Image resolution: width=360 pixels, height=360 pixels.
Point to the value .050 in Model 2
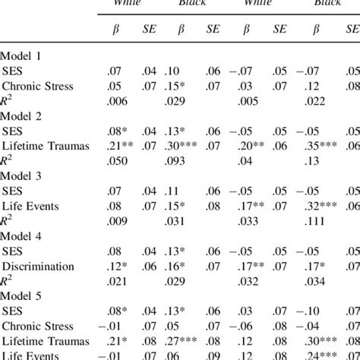click(119, 160)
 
